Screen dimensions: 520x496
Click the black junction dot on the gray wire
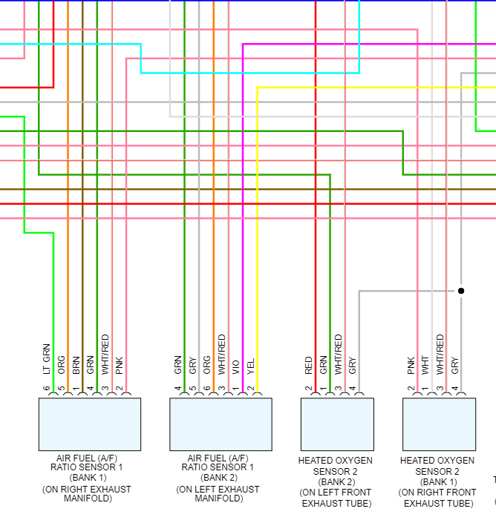[461, 291]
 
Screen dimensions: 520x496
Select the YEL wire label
[251, 364]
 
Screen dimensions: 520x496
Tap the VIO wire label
[236, 365]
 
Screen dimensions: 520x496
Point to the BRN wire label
[76, 363]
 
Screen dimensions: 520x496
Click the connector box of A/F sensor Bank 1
[90, 424]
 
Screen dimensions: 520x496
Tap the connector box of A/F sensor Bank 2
[221, 424]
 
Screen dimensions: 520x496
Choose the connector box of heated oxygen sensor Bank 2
[337, 424]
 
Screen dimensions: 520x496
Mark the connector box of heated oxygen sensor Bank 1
[439, 424]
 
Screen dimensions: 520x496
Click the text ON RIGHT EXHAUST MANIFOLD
[87, 494]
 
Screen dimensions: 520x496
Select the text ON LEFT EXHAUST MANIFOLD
[218, 494]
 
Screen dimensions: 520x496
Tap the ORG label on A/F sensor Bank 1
[61, 363]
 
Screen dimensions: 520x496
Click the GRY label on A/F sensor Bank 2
[192, 363]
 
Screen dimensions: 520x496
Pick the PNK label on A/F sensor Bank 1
[120, 363]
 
